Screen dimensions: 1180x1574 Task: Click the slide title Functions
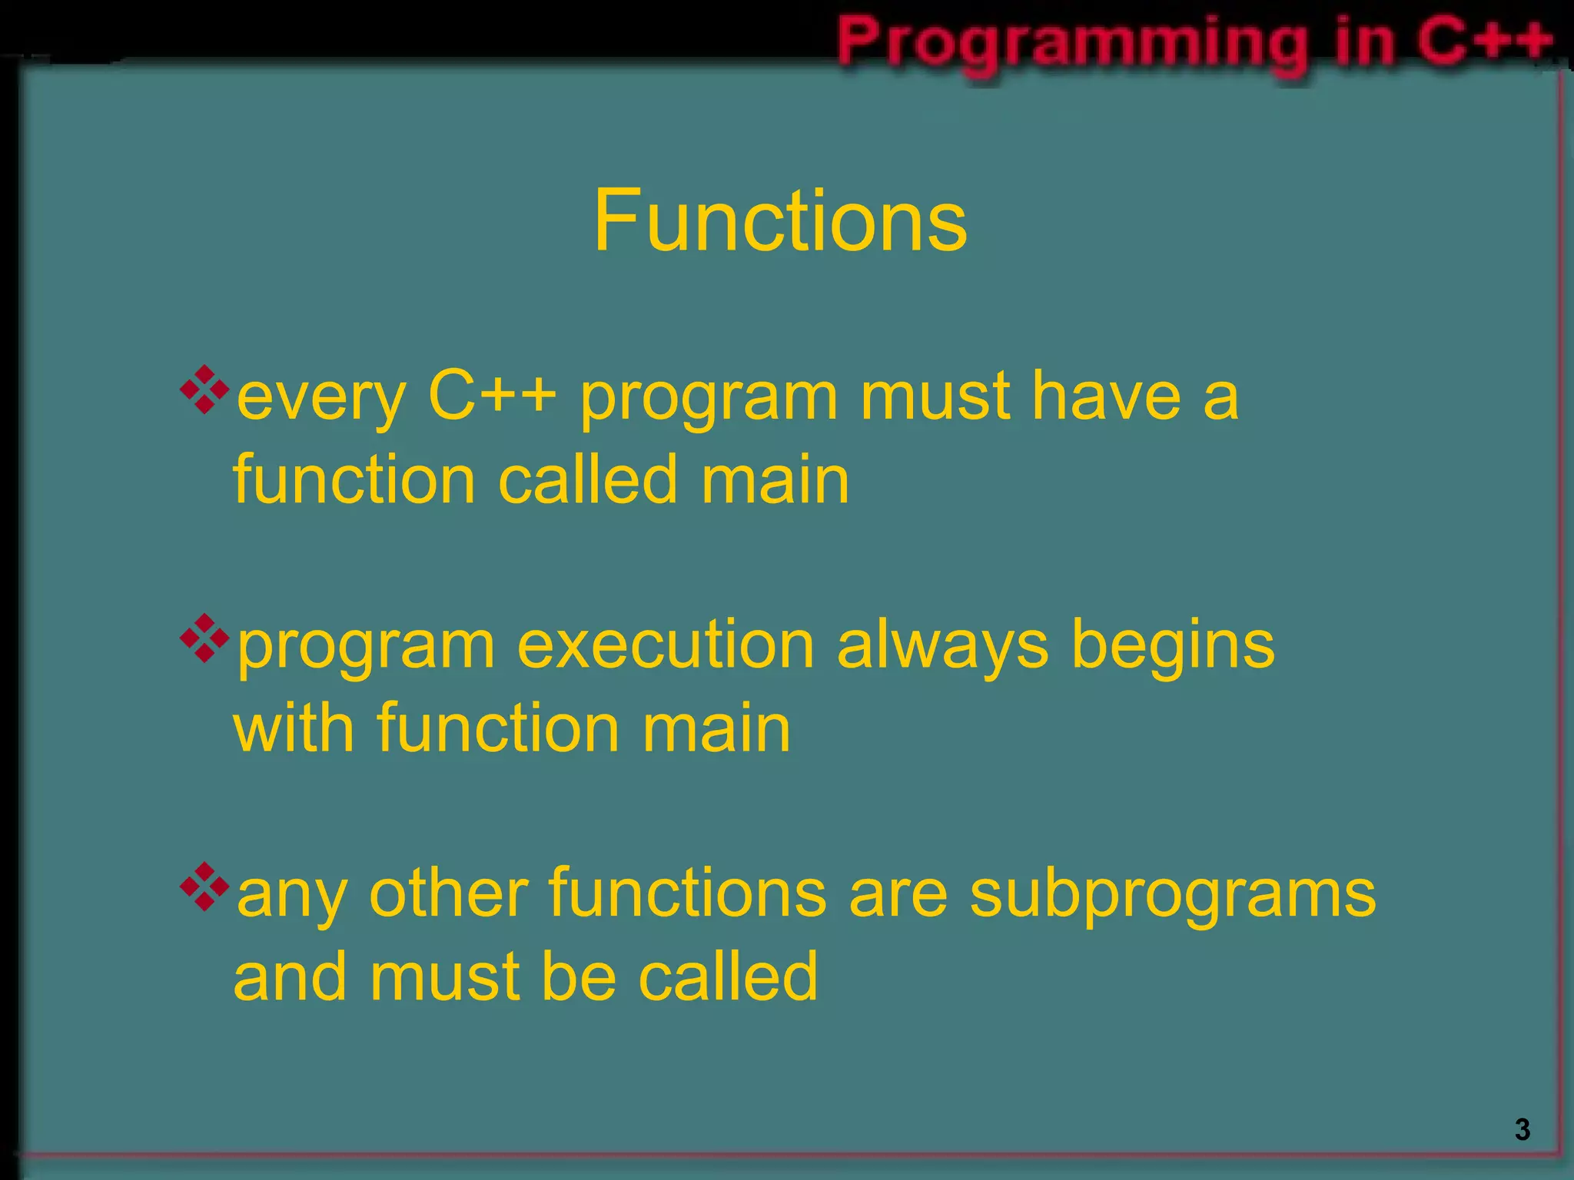coord(780,221)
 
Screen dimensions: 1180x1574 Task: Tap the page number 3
coord(1522,1130)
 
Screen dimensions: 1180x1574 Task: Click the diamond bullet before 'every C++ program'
coord(204,389)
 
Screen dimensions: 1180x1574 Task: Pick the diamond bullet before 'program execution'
coord(204,638)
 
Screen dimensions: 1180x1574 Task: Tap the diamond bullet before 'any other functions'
coord(204,887)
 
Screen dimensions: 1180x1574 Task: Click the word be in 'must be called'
coord(579,976)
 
